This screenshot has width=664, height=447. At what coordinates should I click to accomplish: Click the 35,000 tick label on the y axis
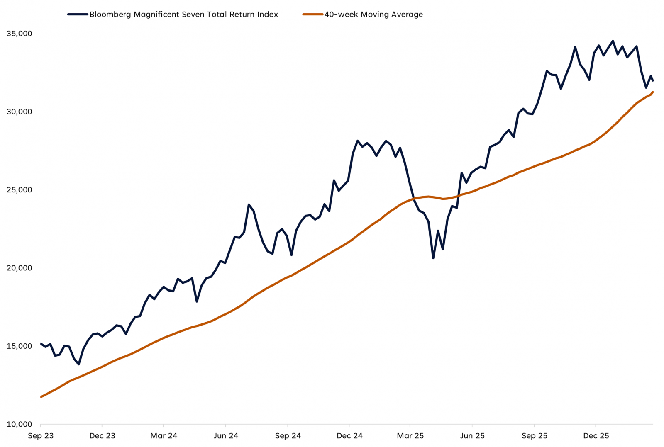click(x=20, y=34)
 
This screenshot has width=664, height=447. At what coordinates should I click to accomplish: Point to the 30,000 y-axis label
click(x=20, y=112)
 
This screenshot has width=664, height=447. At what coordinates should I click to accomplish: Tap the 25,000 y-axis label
click(x=20, y=190)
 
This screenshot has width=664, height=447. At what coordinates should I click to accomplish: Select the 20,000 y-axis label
click(x=20, y=268)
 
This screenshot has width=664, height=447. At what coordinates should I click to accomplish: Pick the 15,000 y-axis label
click(x=20, y=346)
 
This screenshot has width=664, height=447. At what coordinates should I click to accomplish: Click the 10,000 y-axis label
click(x=20, y=424)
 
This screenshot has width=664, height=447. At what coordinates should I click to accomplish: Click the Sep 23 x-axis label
click(x=41, y=436)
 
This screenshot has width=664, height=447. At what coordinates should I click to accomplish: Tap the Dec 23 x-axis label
click(x=103, y=436)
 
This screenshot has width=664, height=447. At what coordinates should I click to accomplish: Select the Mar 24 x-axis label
click(x=164, y=436)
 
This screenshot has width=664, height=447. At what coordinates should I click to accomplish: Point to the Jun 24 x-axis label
click(x=226, y=436)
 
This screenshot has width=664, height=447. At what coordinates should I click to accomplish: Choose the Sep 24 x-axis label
click(x=288, y=436)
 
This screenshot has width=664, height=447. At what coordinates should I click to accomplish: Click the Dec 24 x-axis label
click(x=349, y=436)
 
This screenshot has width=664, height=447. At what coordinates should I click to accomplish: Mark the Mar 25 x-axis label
click(x=410, y=436)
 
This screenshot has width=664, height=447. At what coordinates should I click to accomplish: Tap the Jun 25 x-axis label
click(x=472, y=436)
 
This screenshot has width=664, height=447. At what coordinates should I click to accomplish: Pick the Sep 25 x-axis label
click(x=535, y=436)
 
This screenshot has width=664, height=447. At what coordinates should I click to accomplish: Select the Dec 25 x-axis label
click(x=596, y=436)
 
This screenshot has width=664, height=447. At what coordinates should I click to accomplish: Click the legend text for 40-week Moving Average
click(x=373, y=15)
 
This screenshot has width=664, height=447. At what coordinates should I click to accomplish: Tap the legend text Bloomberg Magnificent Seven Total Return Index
click(x=184, y=15)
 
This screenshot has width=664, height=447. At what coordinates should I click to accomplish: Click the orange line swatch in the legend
click(x=313, y=15)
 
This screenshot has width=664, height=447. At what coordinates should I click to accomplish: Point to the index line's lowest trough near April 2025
click(x=433, y=258)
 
